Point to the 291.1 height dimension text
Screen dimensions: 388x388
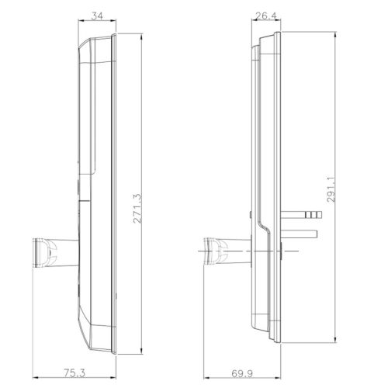(x=331, y=189)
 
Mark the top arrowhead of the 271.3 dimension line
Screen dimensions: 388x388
(x=144, y=35)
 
